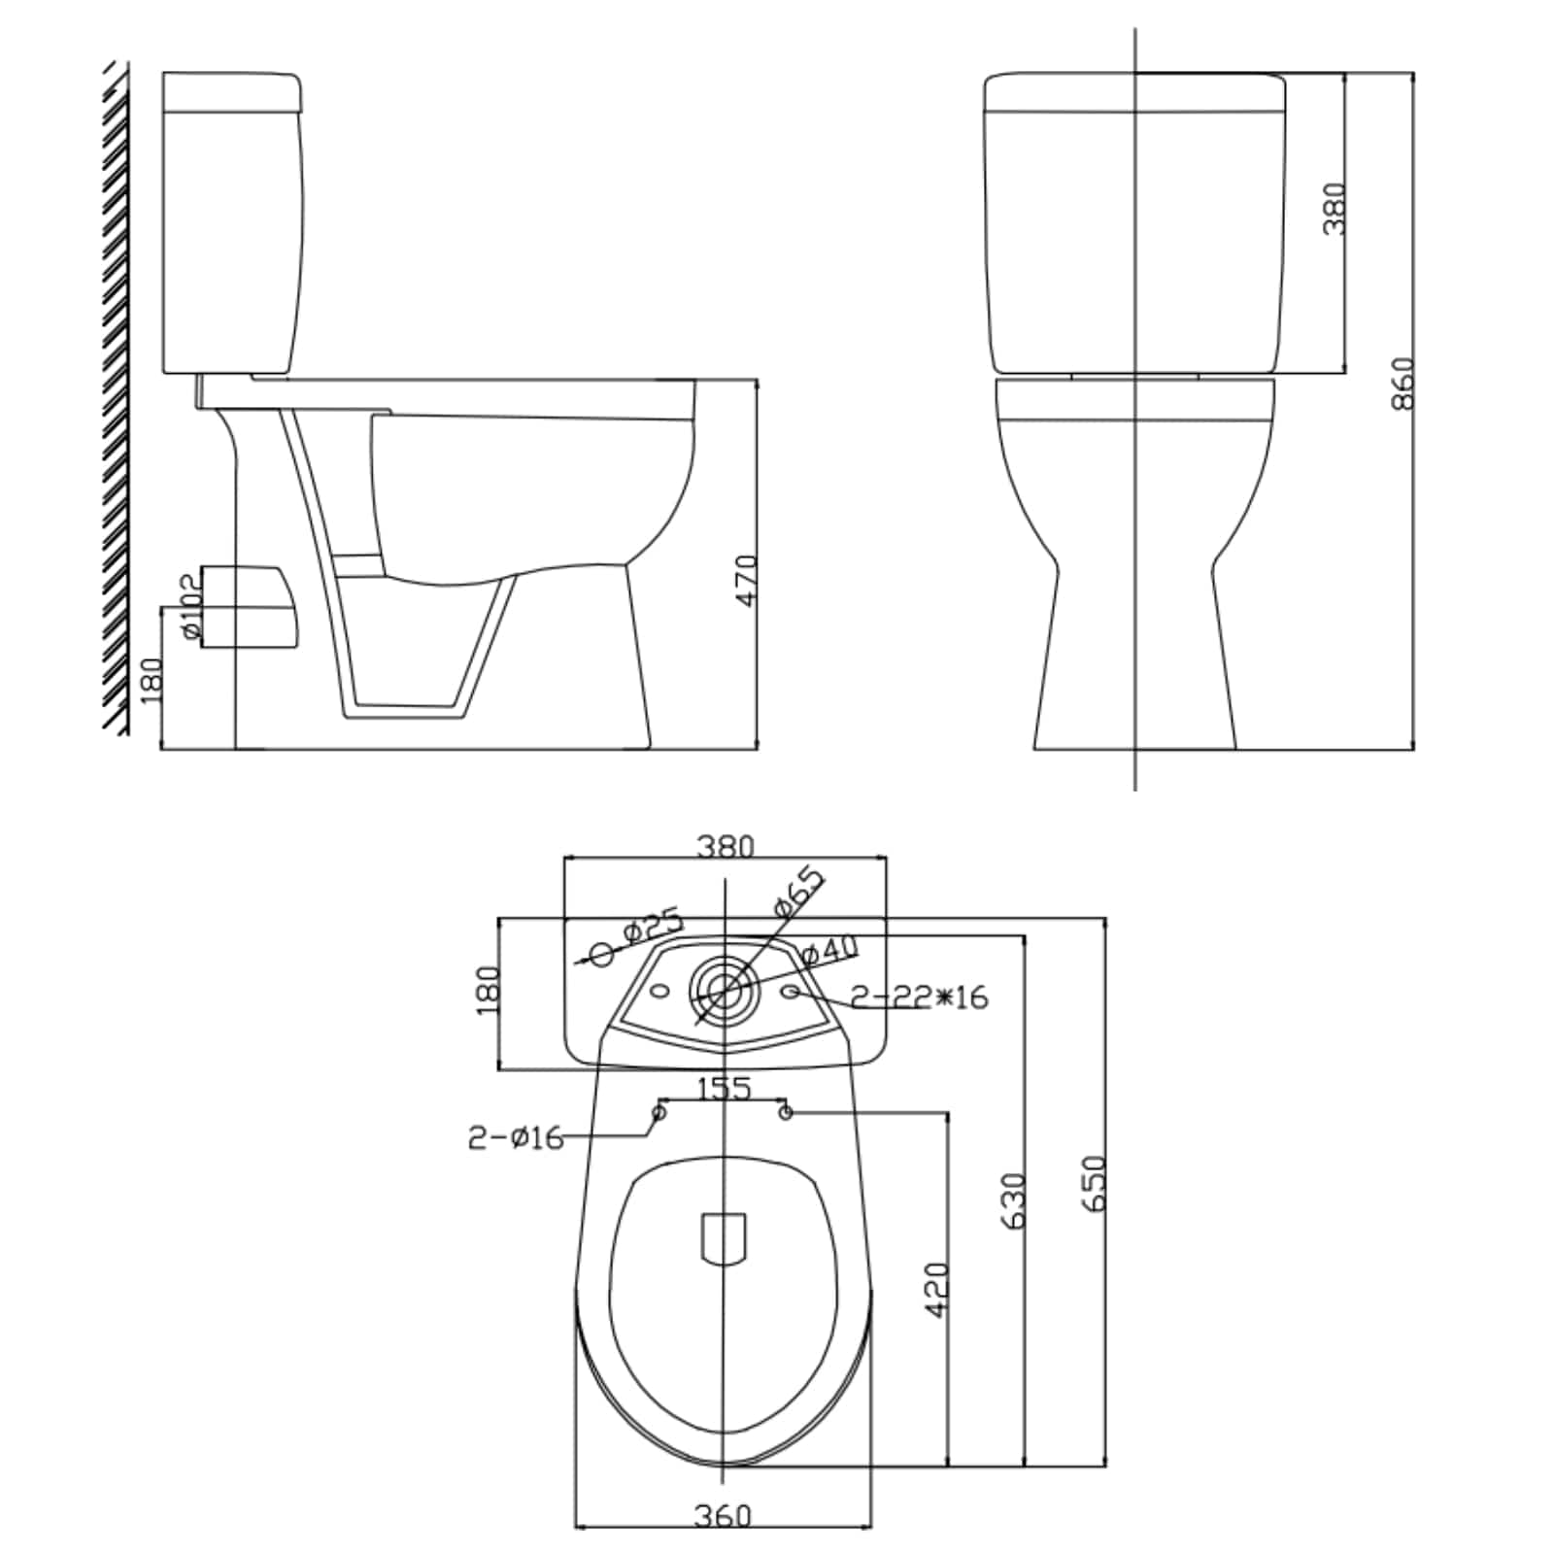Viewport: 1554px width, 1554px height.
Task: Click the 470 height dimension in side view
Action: tap(746, 581)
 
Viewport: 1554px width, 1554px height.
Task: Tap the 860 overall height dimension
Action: tap(1403, 385)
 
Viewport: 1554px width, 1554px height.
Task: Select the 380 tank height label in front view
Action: tap(1335, 209)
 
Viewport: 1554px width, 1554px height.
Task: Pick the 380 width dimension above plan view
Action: tap(725, 847)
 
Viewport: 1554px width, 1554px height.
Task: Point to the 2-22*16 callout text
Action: tap(919, 997)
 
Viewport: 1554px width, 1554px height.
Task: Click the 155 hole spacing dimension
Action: tap(725, 1089)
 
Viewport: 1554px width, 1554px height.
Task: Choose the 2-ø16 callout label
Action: tap(516, 1137)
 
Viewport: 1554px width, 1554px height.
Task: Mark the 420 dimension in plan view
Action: tap(936, 1290)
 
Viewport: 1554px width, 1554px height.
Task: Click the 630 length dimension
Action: tap(1014, 1200)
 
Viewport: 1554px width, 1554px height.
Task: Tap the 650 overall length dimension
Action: tap(1095, 1182)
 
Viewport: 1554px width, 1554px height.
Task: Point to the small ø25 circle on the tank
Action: tap(602, 954)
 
